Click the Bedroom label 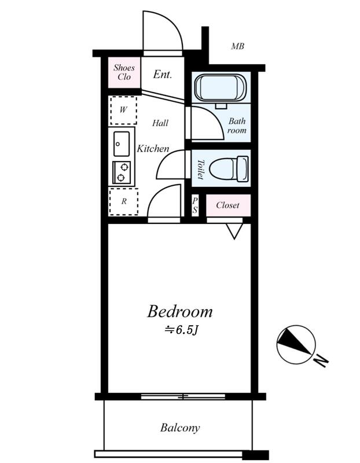coord(179,312)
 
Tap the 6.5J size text coord(182,330)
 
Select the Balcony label coord(180,428)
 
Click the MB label coord(237,46)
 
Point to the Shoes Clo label coord(123,72)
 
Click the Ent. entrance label coord(163,75)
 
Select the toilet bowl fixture coord(228,169)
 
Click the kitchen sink coord(122,143)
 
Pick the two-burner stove coord(122,172)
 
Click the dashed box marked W coord(123,110)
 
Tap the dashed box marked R coord(123,202)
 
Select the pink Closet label coord(227,205)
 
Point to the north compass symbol coord(296,344)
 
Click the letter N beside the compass coord(321,360)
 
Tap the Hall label coord(160,123)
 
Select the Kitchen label coord(153,149)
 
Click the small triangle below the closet coord(234,231)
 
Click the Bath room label coord(237,126)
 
